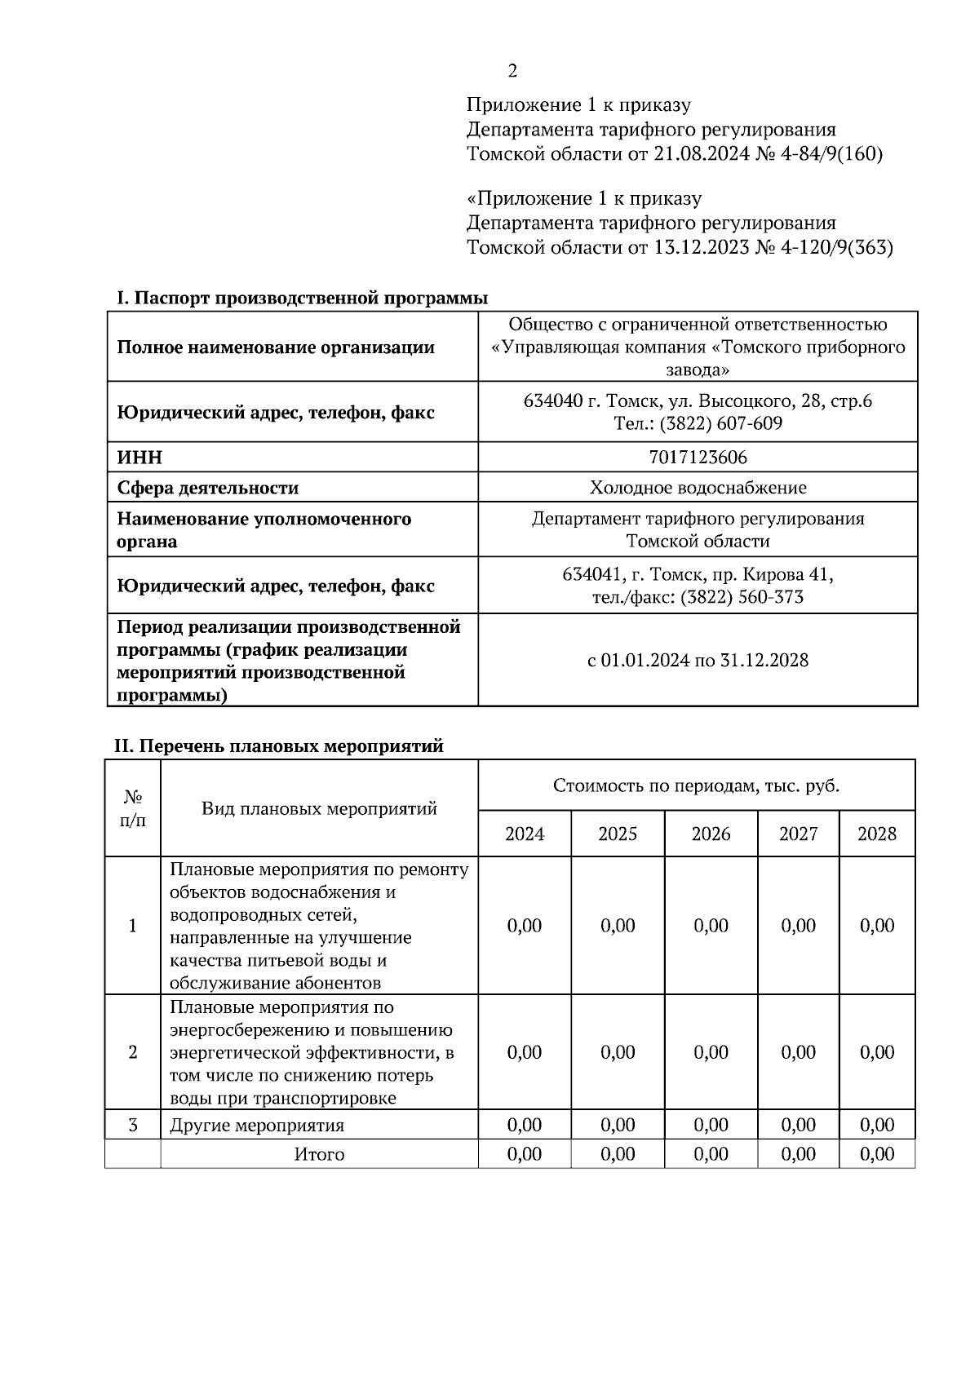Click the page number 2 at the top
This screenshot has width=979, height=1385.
512,71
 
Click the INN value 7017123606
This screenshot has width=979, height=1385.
698,458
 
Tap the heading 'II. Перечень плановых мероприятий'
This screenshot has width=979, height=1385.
278,746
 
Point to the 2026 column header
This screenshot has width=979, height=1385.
711,834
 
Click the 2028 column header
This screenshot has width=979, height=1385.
876,834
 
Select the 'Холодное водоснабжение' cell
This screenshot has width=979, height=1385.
698,488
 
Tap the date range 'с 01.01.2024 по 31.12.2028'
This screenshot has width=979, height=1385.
698,660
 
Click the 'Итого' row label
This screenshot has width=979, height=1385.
319,1154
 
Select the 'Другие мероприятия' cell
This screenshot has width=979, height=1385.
256,1126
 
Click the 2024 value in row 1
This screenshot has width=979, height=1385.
524,925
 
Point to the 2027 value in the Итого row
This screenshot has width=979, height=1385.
798,1154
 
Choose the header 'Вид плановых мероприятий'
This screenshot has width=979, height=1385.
319,808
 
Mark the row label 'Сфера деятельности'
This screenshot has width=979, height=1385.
207,488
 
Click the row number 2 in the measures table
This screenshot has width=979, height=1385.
133,1051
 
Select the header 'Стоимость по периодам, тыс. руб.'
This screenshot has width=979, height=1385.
696,786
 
